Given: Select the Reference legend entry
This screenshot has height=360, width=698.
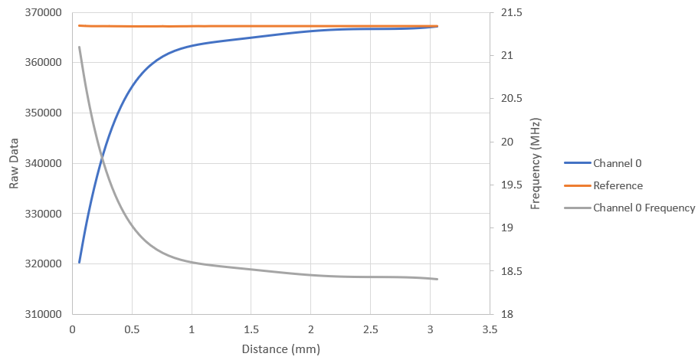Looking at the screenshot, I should pyautogui.click(x=618, y=185).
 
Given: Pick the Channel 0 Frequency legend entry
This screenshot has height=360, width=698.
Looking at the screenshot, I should pyautogui.click(x=644, y=208).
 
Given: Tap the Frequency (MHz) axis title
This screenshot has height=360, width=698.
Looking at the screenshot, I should pyautogui.click(x=536, y=164).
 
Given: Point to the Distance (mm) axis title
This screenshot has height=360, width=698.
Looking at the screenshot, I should pyautogui.click(x=280, y=349).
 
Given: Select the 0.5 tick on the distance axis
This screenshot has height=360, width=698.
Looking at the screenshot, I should pyautogui.click(x=132, y=329).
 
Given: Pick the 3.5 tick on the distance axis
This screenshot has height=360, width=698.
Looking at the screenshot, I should pyautogui.click(x=490, y=329).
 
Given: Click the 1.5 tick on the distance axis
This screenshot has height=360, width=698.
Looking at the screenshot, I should pyautogui.click(x=251, y=329).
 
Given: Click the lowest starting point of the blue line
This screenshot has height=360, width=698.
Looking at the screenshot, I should pyautogui.click(x=80, y=263).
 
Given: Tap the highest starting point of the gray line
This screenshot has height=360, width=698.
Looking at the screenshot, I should pyautogui.click(x=80, y=47).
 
